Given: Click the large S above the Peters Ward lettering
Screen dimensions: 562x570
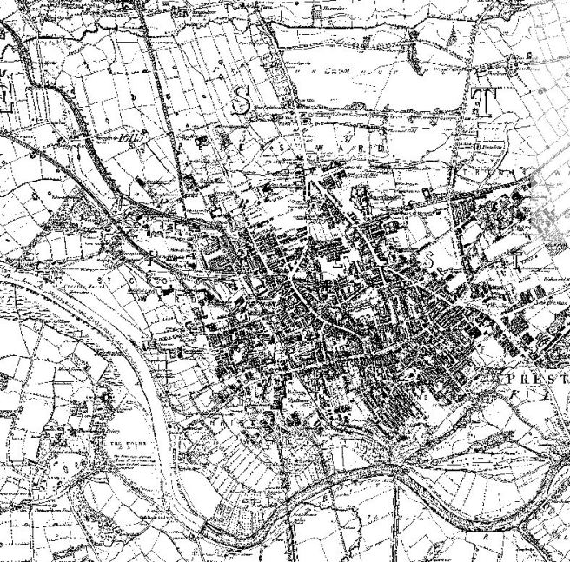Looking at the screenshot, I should point(246,102).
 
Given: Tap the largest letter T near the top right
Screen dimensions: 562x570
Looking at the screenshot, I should point(480,102).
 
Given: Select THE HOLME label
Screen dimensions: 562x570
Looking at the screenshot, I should point(117,440).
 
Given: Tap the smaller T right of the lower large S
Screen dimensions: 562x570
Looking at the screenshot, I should point(514,258).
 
